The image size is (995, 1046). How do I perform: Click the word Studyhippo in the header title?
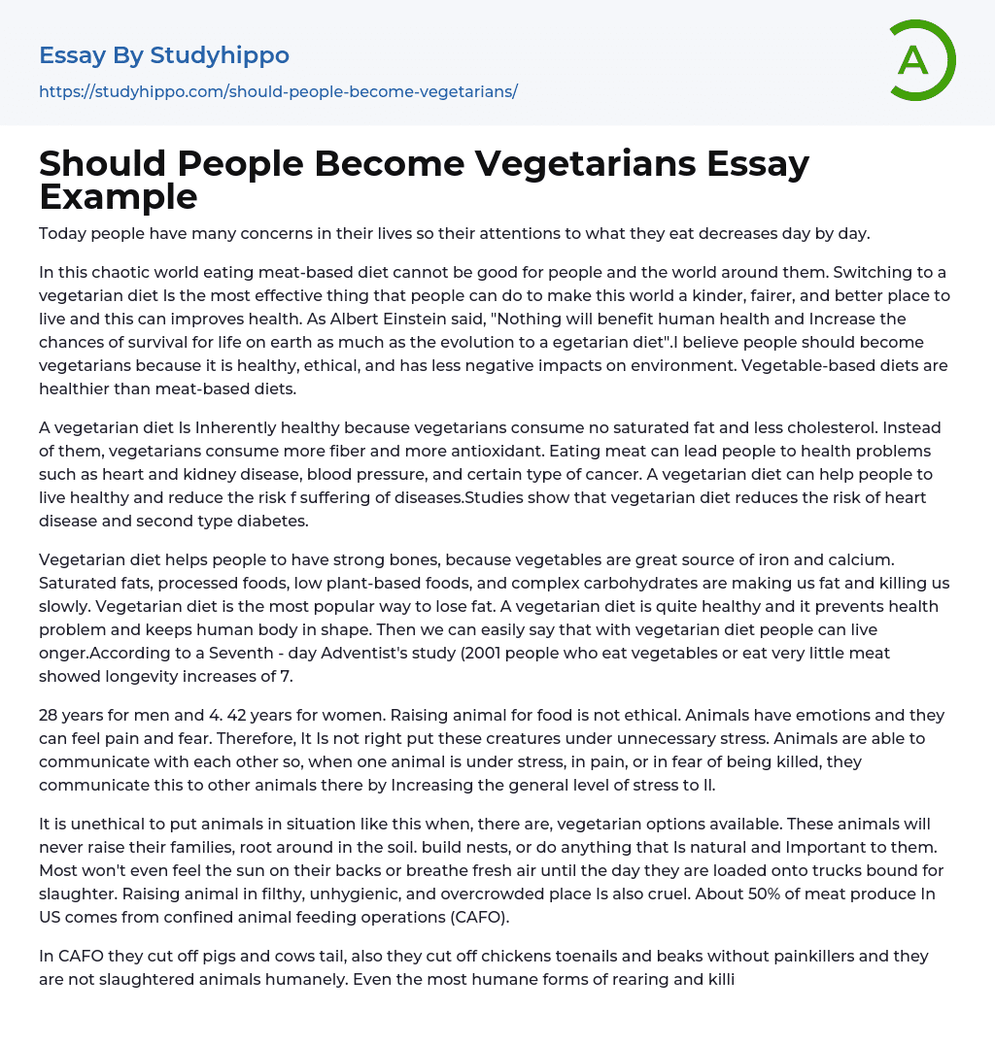tap(220, 56)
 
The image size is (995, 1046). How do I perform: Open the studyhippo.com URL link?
tap(278, 91)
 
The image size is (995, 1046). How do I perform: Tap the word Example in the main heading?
tap(119, 196)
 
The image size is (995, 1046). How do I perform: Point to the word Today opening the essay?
tap(62, 233)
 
